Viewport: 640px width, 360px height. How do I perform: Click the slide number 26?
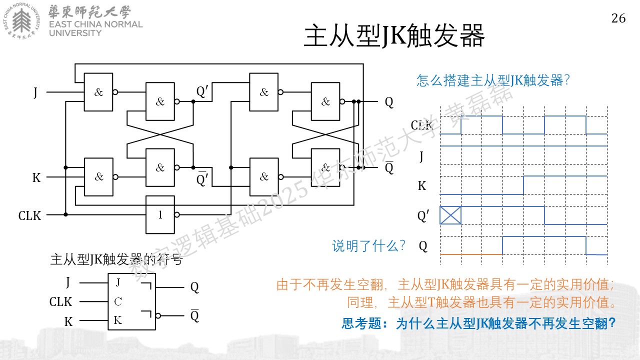point(618,18)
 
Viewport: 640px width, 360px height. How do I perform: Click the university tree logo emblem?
point(21,20)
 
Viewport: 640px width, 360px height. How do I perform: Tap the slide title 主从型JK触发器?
point(394,35)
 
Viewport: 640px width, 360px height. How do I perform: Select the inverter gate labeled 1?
point(160,214)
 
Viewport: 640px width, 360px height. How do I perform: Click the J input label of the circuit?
point(35,92)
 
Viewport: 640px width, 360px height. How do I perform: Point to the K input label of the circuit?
point(36,177)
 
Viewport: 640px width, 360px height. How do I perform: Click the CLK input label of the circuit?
point(29,215)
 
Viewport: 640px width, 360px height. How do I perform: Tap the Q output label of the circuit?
point(389,102)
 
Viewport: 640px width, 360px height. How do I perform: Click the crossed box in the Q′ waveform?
point(450,215)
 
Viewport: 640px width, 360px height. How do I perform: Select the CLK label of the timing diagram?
point(421,125)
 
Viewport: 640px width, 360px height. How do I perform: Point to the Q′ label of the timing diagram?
point(423,216)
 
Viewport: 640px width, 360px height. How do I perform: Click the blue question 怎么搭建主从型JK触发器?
point(493,80)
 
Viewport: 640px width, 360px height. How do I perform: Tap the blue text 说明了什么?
point(368,245)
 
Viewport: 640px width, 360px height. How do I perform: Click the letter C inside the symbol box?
point(117,301)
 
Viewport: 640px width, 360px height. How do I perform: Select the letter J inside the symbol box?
point(118,282)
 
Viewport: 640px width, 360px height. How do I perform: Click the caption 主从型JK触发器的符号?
point(116,259)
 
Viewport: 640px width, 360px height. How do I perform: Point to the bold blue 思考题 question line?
point(478,323)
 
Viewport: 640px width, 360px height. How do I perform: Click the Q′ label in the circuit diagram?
point(202,91)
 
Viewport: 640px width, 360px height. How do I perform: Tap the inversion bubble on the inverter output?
point(177,214)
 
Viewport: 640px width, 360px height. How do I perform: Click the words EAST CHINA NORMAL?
point(95,24)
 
